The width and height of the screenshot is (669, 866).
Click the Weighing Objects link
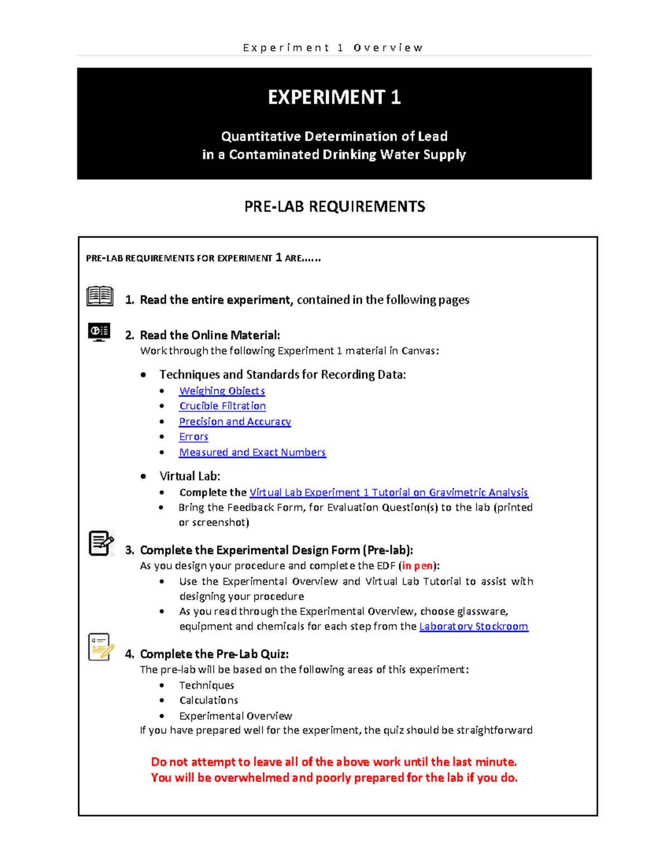tap(222, 391)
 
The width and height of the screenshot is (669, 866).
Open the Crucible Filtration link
tap(222, 406)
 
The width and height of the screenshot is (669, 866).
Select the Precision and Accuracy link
tap(235, 422)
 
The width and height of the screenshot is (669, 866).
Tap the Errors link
tap(193, 437)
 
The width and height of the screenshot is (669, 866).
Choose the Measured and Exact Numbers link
tap(252, 452)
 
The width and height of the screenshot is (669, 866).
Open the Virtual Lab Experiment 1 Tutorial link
tap(389, 492)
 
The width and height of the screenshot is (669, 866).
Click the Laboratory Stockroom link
tap(473, 626)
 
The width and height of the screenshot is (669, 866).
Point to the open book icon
tap(100, 296)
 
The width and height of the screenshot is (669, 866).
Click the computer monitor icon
tap(99, 332)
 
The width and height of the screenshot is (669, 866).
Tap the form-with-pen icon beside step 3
tap(101, 543)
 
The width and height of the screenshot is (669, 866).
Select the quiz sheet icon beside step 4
tap(100, 647)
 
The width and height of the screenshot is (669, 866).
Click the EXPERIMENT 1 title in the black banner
tap(334, 98)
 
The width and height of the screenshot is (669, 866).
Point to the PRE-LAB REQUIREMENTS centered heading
tap(334, 207)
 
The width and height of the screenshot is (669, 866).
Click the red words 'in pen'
tap(417, 566)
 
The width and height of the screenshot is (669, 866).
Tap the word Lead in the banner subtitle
tap(433, 137)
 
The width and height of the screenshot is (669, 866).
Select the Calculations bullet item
tap(209, 700)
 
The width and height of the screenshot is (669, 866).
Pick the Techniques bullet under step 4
tap(206, 685)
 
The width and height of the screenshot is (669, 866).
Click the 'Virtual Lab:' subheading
tap(190, 476)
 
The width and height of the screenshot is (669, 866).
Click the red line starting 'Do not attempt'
tap(334, 762)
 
